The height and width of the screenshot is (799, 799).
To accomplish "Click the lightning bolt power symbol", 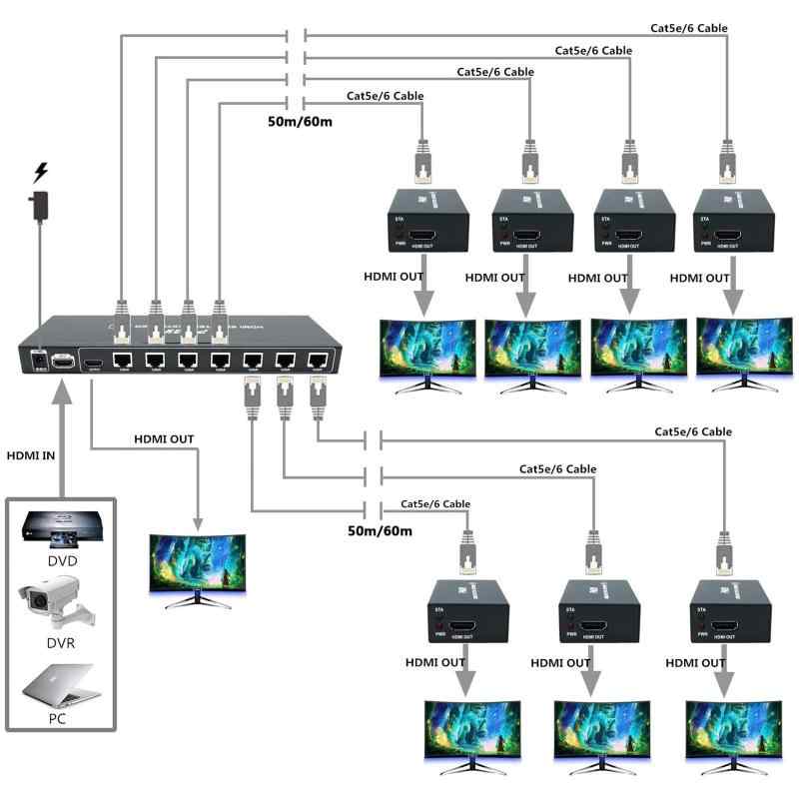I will tap(40, 172).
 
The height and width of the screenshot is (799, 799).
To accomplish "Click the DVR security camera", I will tap(58, 605).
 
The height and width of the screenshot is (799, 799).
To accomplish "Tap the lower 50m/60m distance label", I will tap(380, 530).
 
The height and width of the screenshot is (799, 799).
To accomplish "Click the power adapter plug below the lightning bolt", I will tap(40, 205).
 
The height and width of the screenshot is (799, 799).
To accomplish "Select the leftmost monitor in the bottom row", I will tap(472, 737).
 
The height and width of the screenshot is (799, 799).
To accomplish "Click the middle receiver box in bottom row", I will tap(597, 613).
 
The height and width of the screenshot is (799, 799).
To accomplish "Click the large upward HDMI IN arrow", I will tap(62, 439).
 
